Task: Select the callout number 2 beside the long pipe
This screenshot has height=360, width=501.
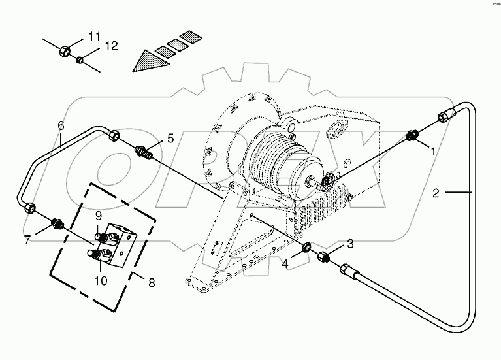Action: (436, 193)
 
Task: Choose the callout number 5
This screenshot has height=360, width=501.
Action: (170, 138)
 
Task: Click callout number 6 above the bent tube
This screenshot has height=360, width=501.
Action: (61, 125)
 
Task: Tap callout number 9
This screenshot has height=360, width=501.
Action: (98, 215)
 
